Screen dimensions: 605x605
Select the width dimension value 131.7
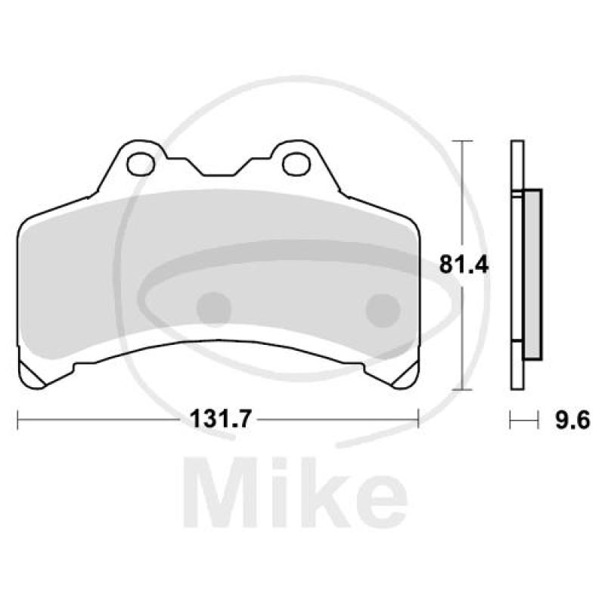pyautogui.click(x=218, y=418)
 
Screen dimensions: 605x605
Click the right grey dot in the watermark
pyautogui.click(x=382, y=307)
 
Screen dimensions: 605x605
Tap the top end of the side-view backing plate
pyautogui.click(x=517, y=144)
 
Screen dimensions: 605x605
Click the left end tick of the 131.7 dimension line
pyautogui.click(x=17, y=418)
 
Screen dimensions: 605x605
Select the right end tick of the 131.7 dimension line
pyautogui.click(x=418, y=418)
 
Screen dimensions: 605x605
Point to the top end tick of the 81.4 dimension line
pyautogui.click(x=462, y=141)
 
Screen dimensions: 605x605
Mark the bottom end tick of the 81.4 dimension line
pyautogui.click(x=462, y=389)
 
